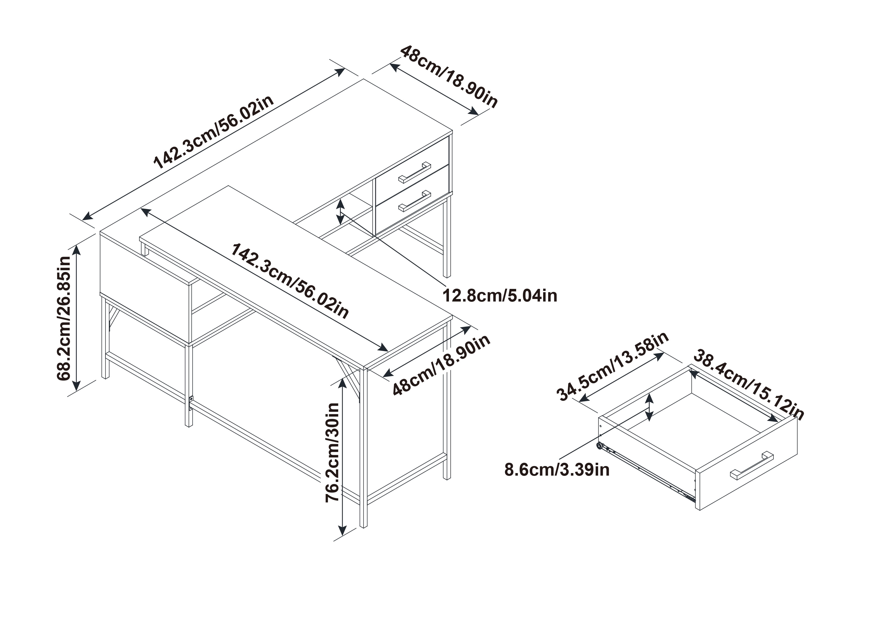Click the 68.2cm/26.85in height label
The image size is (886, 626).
coord(64,318)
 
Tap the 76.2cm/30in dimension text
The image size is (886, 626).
coord(332,452)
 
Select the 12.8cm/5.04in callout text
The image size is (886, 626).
coord(500,296)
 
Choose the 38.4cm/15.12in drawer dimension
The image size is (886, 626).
coord(749,385)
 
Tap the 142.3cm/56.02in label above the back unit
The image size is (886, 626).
coord(214,132)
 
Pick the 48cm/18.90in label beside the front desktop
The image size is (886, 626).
coord(441,365)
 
